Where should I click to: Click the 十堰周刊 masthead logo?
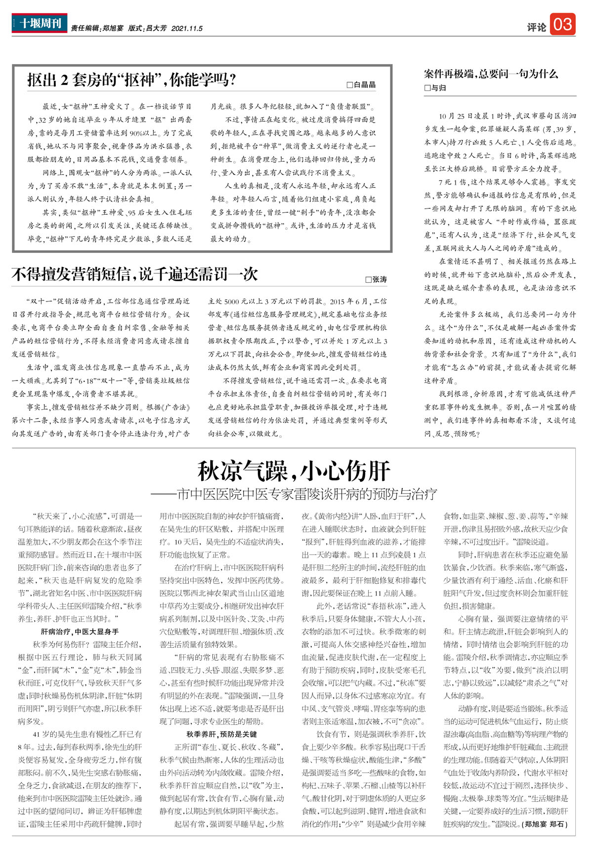40,23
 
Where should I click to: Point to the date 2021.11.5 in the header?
187,29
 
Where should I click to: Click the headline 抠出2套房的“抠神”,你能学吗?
131,80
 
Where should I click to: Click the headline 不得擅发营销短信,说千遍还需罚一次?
134,274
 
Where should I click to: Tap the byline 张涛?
379,280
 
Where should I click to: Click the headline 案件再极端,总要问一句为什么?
491,74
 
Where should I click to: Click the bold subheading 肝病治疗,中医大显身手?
80,632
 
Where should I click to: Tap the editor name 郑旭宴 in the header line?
113,29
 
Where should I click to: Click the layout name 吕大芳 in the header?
156,29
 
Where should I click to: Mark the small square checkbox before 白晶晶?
350,85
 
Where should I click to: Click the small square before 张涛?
368,280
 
